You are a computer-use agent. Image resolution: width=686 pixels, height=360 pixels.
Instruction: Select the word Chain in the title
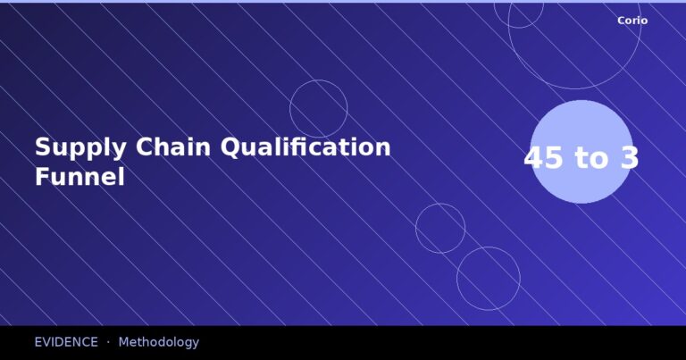tap(170, 147)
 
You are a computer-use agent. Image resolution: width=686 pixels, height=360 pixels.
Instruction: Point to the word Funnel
tap(79, 177)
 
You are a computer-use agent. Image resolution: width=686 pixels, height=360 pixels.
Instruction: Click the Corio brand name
tap(632, 21)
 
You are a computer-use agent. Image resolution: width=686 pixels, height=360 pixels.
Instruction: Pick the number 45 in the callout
tap(544, 158)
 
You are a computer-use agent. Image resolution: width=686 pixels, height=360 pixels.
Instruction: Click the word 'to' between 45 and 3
tap(592, 158)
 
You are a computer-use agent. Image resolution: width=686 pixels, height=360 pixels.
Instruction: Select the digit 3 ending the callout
tap(630, 158)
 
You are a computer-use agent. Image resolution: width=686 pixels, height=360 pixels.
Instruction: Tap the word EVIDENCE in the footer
tap(66, 342)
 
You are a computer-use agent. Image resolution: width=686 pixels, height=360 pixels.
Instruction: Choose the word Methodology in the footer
tap(159, 342)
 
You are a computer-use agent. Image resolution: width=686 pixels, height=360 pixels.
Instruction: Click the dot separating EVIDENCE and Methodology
tap(108, 342)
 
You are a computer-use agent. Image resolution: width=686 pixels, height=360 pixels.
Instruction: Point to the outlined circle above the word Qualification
tap(319, 109)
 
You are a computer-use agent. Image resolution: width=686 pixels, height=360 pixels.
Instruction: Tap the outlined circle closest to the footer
tap(489, 279)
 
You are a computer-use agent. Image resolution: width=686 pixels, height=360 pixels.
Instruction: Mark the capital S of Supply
tap(42, 147)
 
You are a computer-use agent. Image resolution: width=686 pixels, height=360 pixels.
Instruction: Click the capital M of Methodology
tap(124, 342)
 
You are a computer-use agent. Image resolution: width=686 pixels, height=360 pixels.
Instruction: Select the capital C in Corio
tap(621, 21)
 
